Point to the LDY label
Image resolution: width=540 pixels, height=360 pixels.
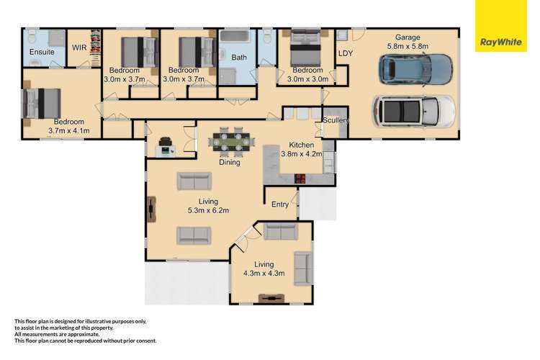(346, 53)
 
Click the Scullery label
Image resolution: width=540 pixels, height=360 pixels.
(336, 120)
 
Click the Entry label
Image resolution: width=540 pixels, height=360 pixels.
(280, 204)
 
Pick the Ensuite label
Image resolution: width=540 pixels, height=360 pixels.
(41, 53)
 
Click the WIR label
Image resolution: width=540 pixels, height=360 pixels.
(79, 49)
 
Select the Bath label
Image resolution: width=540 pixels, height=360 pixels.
(239, 57)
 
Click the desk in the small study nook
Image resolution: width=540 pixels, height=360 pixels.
(166, 149)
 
